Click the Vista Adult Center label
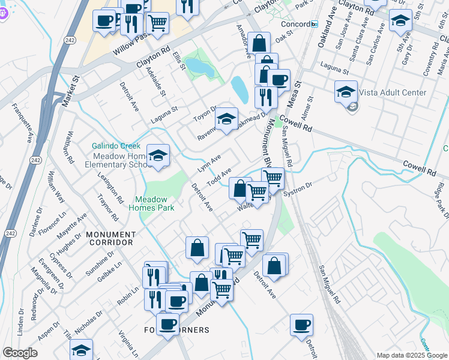393,92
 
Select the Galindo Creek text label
116,146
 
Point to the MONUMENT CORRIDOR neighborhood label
109,238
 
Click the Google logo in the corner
20,352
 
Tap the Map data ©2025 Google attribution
412,355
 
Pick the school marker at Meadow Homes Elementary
157,156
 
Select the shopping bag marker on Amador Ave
259,43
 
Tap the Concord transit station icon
314,23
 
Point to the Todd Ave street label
219,178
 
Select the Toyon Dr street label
204,112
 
